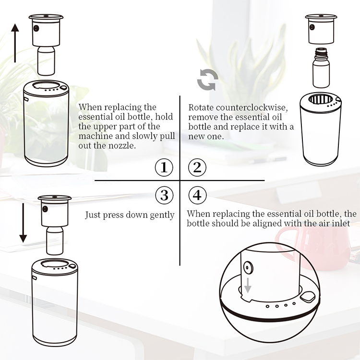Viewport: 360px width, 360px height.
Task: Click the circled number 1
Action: (164, 167)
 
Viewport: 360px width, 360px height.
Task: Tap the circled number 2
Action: (197, 167)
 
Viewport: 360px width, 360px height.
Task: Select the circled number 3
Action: (164, 195)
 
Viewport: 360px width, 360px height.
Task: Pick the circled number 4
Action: (197, 195)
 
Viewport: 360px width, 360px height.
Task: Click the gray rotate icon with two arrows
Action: (208, 79)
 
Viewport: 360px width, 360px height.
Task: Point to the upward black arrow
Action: (15, 43)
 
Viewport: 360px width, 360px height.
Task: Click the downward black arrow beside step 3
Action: (23, 223)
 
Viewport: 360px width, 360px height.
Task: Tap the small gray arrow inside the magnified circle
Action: (248, 285)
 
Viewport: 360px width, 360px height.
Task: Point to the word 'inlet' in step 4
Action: (341, 223)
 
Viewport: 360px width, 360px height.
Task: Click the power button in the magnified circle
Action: (307, 297)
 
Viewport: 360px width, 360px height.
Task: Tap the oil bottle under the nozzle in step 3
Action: (55, 240)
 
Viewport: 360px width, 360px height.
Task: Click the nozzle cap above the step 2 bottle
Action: (321, 29)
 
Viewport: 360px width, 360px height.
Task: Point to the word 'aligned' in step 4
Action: (265, 224)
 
